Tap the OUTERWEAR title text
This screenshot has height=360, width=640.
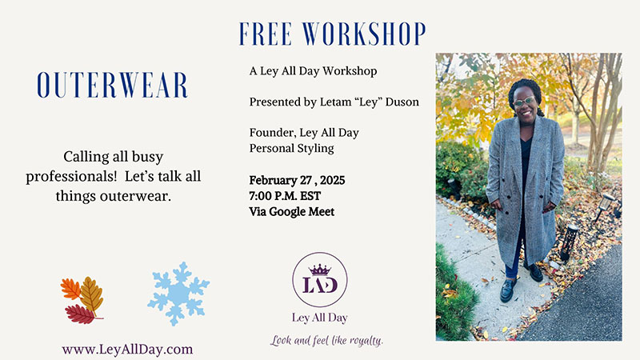pos(113,86)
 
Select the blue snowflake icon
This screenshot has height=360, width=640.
pos(178,293)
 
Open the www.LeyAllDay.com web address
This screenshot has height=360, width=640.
pos(127,349)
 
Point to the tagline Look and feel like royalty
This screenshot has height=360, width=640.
pos(327,340)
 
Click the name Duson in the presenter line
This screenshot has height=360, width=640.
pos(402,102)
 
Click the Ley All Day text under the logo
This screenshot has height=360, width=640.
pos(320,318)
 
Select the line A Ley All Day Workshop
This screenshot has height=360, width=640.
pos(313,71)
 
